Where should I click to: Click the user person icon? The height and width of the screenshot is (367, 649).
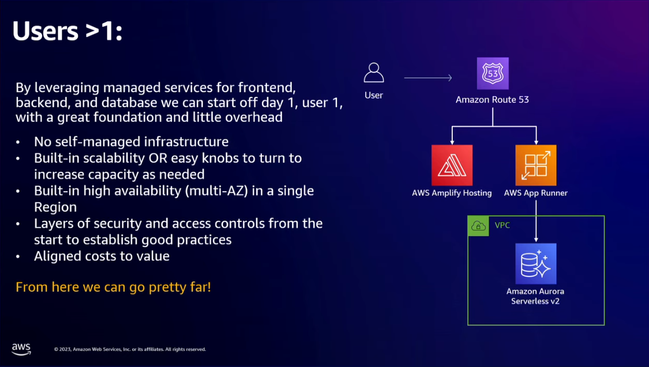(x=374, y=73)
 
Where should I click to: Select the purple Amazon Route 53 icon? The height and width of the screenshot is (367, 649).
(x=493, y=73)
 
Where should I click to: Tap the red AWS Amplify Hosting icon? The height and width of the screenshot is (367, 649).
(x=452, y=165)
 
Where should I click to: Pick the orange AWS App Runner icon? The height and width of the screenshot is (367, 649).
(x=536, y=165)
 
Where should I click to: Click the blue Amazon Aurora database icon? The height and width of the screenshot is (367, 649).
(x=536, y=263)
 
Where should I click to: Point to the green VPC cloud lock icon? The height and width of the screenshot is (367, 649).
(x=478, y=226)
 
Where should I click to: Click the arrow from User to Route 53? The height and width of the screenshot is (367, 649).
(x=427, y=78)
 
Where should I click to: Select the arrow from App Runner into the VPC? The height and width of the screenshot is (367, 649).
(x=536, y=219)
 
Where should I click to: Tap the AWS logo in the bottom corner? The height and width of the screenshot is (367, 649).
(x=21, y=349)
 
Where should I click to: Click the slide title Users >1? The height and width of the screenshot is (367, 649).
(x=67, y=32)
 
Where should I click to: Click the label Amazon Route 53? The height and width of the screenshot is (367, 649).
(x=492, y=100)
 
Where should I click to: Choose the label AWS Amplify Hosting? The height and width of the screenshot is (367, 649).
(x=452, y=193)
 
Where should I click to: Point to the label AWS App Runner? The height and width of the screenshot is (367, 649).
(x=536, y=193)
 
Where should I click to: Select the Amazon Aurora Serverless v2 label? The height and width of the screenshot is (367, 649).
(x=535, y=296)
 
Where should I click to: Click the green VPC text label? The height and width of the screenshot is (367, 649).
(x=502, y=225)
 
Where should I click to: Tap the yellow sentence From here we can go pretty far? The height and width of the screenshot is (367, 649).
(x=113, y=286)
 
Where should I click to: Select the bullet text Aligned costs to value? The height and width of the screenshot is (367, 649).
(x=102, y=256)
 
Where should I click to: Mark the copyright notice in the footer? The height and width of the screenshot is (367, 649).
(x=130, y=349)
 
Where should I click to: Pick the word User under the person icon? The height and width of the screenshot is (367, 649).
(x=374, y=95)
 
